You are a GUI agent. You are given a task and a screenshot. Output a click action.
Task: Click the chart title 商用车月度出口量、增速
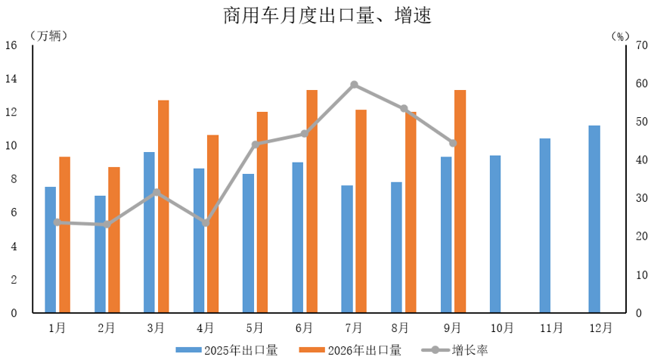point(327,15)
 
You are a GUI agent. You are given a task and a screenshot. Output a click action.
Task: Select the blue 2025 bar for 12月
point(594,219)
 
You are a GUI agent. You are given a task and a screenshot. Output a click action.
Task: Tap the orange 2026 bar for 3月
point(163,206)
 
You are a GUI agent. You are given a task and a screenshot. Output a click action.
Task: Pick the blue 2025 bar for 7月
point(347,249)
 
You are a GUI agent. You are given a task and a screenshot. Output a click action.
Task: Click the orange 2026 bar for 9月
point(460,201)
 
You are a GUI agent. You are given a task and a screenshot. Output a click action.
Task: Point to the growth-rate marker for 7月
point(354,85)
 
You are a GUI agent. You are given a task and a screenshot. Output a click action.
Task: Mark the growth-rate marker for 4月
point(206,223)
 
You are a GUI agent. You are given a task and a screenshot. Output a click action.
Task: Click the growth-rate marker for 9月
point(453,143)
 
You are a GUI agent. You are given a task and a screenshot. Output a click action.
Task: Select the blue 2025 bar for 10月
point(495,234)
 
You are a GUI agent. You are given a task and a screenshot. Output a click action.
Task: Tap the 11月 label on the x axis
point(551,328)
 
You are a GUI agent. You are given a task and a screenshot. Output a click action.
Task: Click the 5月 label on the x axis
point(255,328)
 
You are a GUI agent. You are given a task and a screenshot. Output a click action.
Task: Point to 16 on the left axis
point(11,45)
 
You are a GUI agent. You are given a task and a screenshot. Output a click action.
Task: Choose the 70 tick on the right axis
point(641,45)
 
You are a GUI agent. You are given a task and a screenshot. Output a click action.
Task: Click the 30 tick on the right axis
point(641,197)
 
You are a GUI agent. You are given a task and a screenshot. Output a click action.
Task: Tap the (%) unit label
point(620,37)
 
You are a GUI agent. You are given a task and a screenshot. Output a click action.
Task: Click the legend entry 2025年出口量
point(228,350)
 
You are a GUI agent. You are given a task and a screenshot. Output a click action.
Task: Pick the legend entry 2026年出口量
point(350,350)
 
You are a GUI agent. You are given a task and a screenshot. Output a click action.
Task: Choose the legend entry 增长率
point(454,350)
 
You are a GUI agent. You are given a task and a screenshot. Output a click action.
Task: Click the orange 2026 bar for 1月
point(65,235)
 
